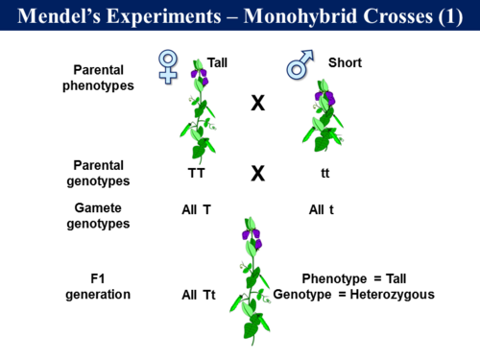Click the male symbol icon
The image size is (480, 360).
coord(298,66)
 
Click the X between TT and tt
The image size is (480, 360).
coord(257,174)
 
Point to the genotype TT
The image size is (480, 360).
coord(196,175)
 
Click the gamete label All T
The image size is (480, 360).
coord(196,208)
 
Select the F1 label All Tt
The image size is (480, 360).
coord(199,294)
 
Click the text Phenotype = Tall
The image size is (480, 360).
coord(355,278)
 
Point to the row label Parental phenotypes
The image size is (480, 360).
coord(106,77)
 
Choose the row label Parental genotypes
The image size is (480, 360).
coord(105,173)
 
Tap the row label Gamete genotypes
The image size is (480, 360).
coord(105,215)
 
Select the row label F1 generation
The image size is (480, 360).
coord(98,286)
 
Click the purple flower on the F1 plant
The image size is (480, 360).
coord(251,232)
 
